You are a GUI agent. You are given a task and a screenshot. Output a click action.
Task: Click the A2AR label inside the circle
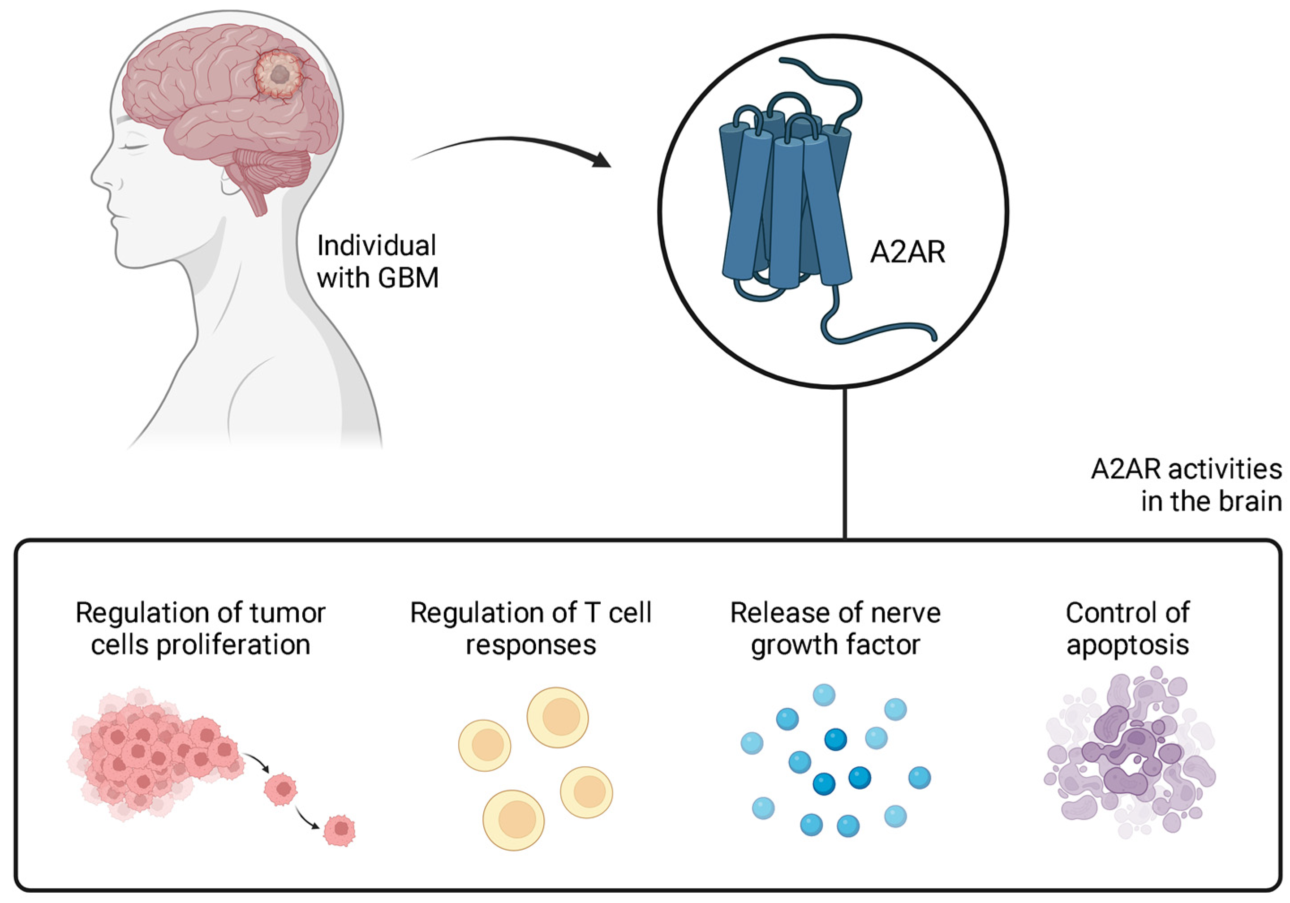point(907,252)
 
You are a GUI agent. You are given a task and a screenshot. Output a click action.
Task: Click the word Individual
point(376,246)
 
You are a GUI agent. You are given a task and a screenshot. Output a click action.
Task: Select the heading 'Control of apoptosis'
point(1127,629)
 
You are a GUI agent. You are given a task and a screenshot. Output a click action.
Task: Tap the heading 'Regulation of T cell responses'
point(530,629)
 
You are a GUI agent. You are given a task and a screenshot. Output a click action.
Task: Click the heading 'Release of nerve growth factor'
point(835,629)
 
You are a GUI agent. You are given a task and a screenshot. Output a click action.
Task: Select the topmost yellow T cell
point(557,718)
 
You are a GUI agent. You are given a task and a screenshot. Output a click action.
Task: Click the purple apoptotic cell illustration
point(1129,753)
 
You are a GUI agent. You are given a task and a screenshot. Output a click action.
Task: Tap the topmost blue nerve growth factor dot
point(824,695)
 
